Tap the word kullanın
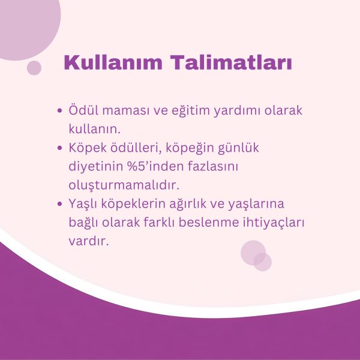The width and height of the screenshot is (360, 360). [x=95, y=128]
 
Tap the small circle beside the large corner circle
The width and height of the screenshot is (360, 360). [x=34, y=68]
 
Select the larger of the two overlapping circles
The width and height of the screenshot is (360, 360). [x=253, y=252]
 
